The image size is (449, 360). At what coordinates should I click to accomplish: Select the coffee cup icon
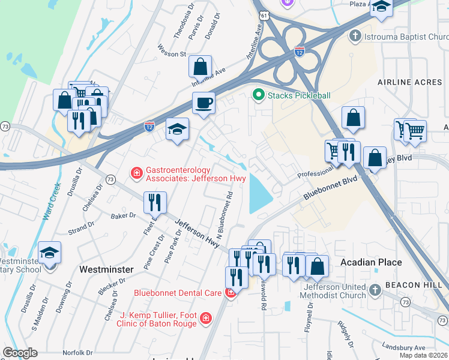coord(203,103)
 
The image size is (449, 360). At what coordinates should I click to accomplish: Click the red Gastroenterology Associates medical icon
coord(137,174)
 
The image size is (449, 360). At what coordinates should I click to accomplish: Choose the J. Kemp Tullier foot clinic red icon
coord(205,317)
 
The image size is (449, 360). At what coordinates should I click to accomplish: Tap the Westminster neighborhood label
coord(106,269)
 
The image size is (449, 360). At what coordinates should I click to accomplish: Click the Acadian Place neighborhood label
coord(370,262)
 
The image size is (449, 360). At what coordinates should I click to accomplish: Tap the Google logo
coord(20,353)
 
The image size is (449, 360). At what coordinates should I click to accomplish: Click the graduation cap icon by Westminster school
coord(50,252)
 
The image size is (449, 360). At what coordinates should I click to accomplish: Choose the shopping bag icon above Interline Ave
coord(200,66)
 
